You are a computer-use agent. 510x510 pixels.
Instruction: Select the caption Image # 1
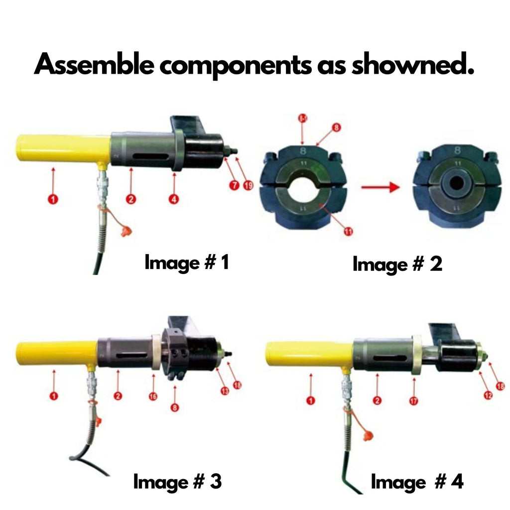coord(186,262)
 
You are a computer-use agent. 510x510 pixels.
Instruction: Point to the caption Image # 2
coord(397,264)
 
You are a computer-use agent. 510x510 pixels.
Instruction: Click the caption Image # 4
coord(417,482)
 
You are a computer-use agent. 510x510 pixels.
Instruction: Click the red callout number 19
coord(249,186)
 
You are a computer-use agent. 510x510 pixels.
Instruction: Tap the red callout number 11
coord(348,230)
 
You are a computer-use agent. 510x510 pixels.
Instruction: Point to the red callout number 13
coord(225,391)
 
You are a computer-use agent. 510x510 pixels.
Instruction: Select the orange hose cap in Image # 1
coord(125,231)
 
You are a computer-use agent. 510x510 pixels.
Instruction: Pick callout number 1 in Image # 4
coord(311,400)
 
